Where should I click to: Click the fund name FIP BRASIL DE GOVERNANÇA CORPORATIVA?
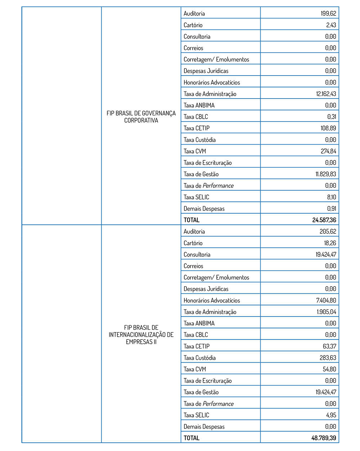pyautogui.click(x=141, y=117)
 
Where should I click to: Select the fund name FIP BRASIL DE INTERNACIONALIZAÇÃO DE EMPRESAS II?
pyautogui.click(x=141, y=335)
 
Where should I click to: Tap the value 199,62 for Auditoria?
pyautogui.click(x=328, y=14)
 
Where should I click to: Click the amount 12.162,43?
pyautogui.click(x=326, y=94)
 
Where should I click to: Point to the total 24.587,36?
pyautogui.click(x=324, y=220)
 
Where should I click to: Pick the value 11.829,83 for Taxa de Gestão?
pyautogui.click(x=326, y=174)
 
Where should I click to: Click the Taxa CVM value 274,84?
pyautogui.click(x=328, y=151)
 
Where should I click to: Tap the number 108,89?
pyautogui.click(x=328, y=128)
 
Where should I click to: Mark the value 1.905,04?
pyautogui.click(x=327, y=312)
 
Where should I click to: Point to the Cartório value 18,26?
pyautogui.click(x=330, y=243)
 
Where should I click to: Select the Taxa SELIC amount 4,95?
pyautogui.click(x=331, y=415)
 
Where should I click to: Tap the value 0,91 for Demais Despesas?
pyautogui.click(x=332, y=209)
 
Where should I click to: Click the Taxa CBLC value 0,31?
pyautogui.click(x=332, y=117)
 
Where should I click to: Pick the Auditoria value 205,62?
pyautogui.click(x=328, y=232)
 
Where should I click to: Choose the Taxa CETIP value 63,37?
pyautogui.click(x=329, y=346)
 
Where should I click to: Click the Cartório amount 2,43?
pyautogui.click(x=331, y=25)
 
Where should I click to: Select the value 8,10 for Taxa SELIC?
pyautogui.click(x=332, y=197)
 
